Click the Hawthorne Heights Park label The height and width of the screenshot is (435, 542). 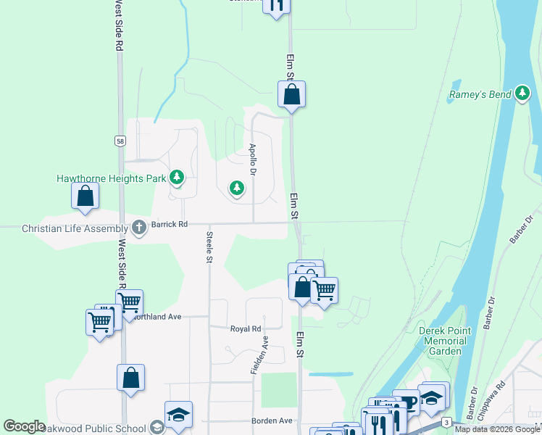tap(112, 178)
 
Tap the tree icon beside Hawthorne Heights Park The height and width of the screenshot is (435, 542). tap(176, 178)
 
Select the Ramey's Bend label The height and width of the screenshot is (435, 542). tap(480, 94)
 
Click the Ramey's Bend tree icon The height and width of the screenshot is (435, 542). tap(522, 93)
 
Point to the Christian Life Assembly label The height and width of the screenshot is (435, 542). tap(75, 228)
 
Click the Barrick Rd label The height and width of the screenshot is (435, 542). tap(170, 225)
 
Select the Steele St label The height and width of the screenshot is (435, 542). tap(209, 246)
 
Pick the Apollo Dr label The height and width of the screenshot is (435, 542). tap(253, 160)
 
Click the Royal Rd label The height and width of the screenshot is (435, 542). tap(245, 328)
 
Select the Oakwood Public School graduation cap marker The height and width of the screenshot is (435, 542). tap(178, 414)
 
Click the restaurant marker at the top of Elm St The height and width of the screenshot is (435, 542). tap(276, 4)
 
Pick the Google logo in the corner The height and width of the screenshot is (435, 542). tap(25, 426)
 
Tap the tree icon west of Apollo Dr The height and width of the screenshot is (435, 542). tap(236, 188)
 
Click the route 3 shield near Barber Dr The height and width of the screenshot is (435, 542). tap(448, 421)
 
